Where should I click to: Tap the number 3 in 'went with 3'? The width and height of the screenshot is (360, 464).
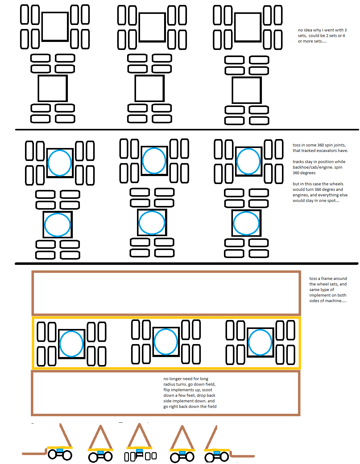point(346,30)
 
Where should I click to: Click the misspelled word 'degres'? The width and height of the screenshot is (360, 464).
point(329,190)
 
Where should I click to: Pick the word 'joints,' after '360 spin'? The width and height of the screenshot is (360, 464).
point(339,145)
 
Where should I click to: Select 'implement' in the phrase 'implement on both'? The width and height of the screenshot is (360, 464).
point(319,295)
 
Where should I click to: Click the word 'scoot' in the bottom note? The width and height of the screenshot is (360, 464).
point(207,390)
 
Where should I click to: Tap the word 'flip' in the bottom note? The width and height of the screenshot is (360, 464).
point(167,390)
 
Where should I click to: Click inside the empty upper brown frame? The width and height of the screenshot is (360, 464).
point(166,293)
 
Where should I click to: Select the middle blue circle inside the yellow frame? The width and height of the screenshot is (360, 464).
point(166,342)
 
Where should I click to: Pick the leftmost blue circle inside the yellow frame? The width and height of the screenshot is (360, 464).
point(71,344)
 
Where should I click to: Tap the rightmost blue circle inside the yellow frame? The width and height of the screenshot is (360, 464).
point(260,342)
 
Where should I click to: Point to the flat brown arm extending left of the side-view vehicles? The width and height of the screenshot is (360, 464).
point(34,453)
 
